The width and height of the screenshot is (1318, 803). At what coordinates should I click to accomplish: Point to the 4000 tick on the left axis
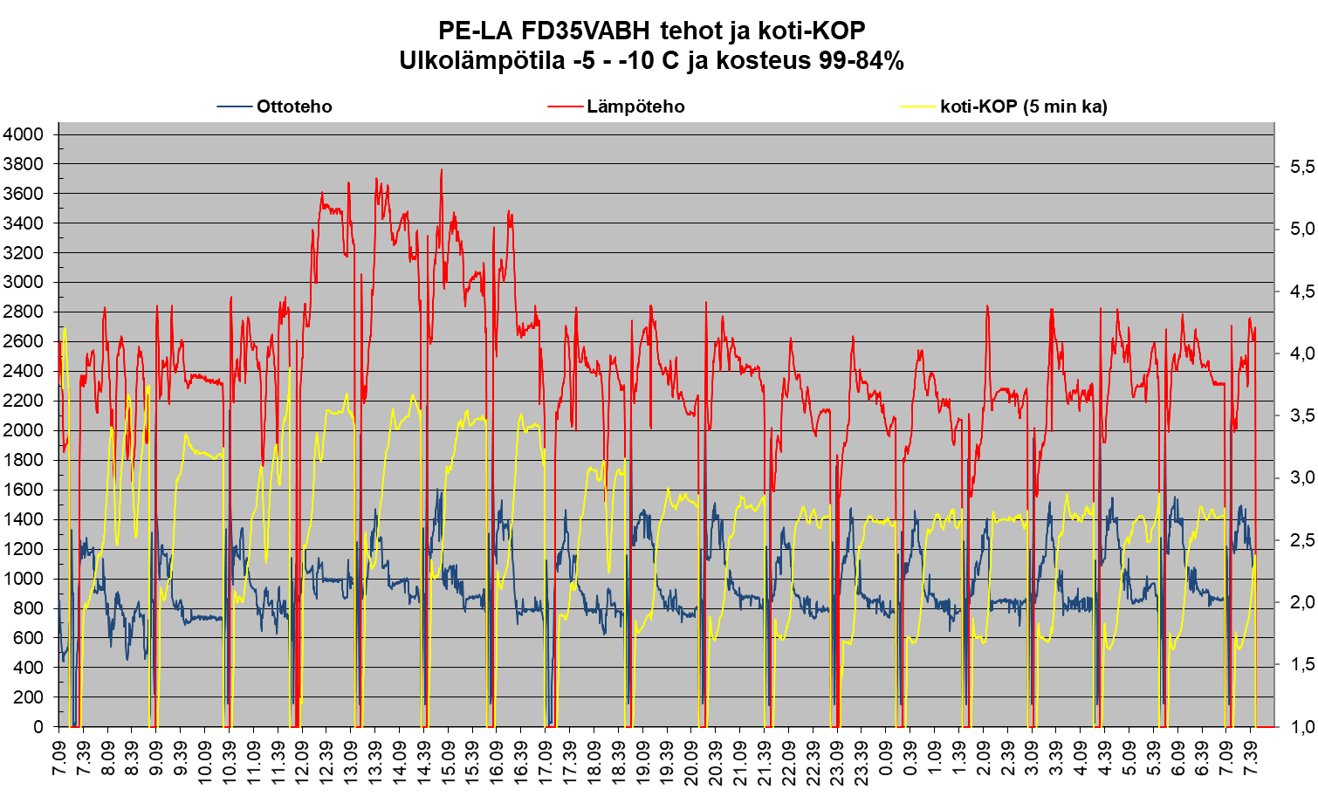tap(23, 134)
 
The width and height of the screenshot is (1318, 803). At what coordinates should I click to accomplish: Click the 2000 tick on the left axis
tap(23, 430)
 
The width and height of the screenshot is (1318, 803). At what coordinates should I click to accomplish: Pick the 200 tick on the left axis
tap(28, 697)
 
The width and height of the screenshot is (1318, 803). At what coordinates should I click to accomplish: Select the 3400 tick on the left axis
tap(23, 223)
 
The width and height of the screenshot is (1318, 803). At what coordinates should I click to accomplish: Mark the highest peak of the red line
tap(442, 170)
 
